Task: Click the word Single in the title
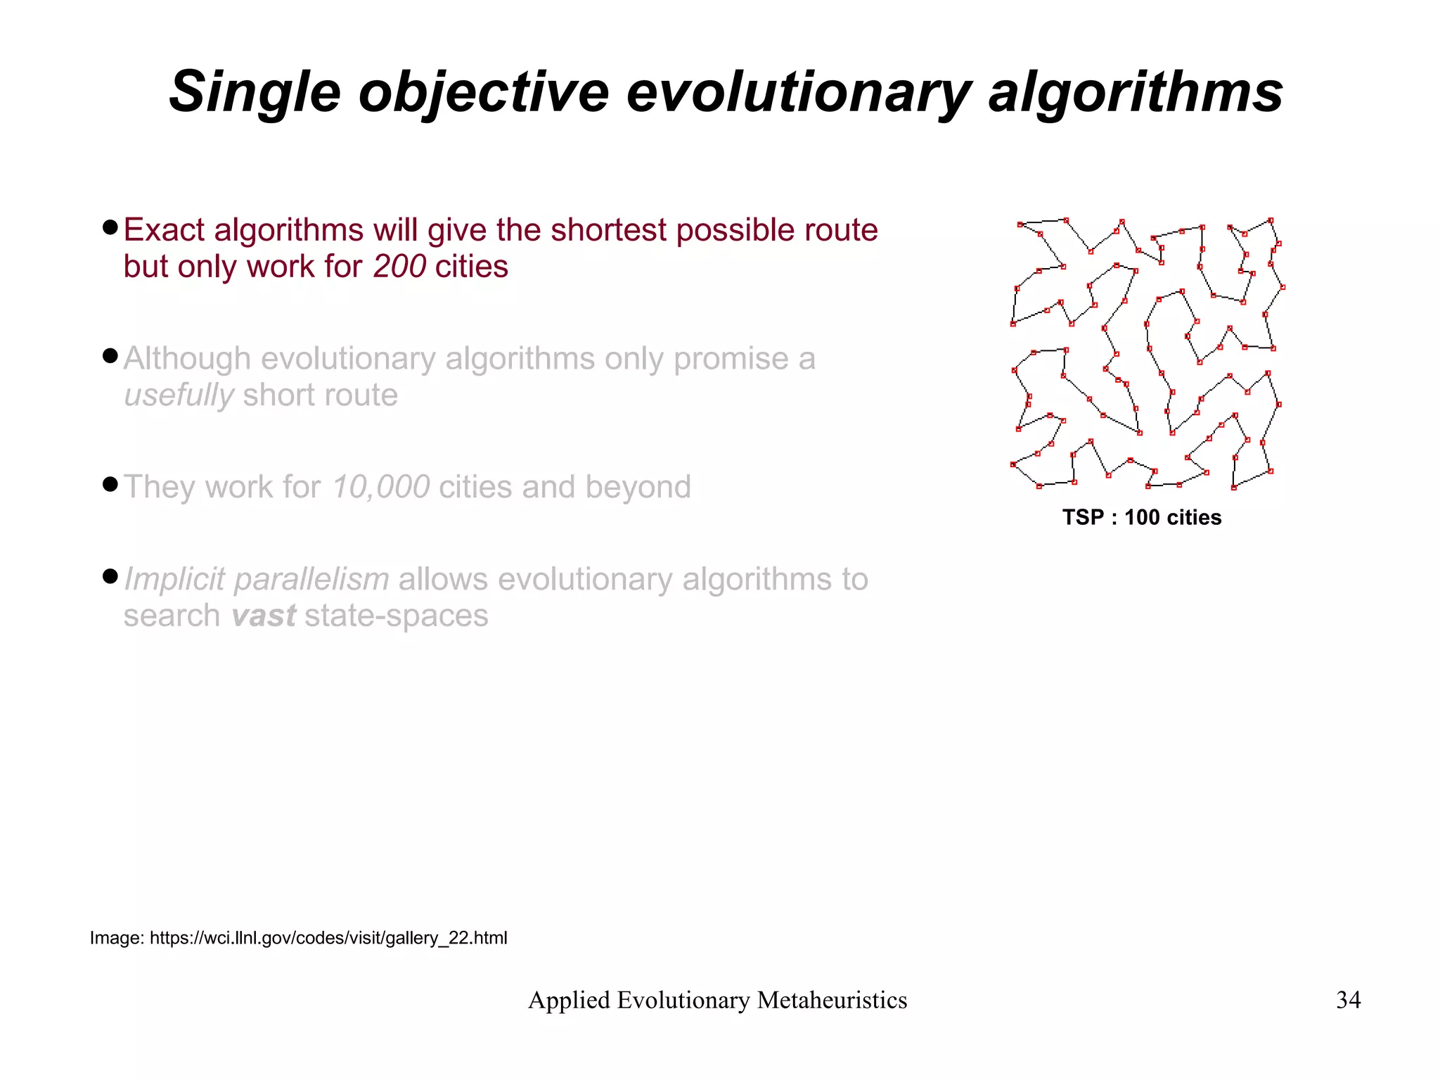click(255, 92)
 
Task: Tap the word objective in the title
click(484, 92)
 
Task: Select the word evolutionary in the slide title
click(797, 92)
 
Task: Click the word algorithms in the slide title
click(1135, 92)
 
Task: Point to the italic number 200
click(399, 267)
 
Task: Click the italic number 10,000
click(380, 487)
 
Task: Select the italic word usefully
click(179, 395)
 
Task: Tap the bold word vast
click(264, 616)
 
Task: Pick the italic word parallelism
click(311, 580)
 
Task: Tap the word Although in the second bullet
click(187, 359)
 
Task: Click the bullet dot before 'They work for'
click(110, 484)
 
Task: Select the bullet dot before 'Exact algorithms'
click(110, 227)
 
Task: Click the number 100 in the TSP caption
click(1142, 518)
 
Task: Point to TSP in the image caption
click(1083, 518)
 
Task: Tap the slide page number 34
click(1348, 1000)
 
